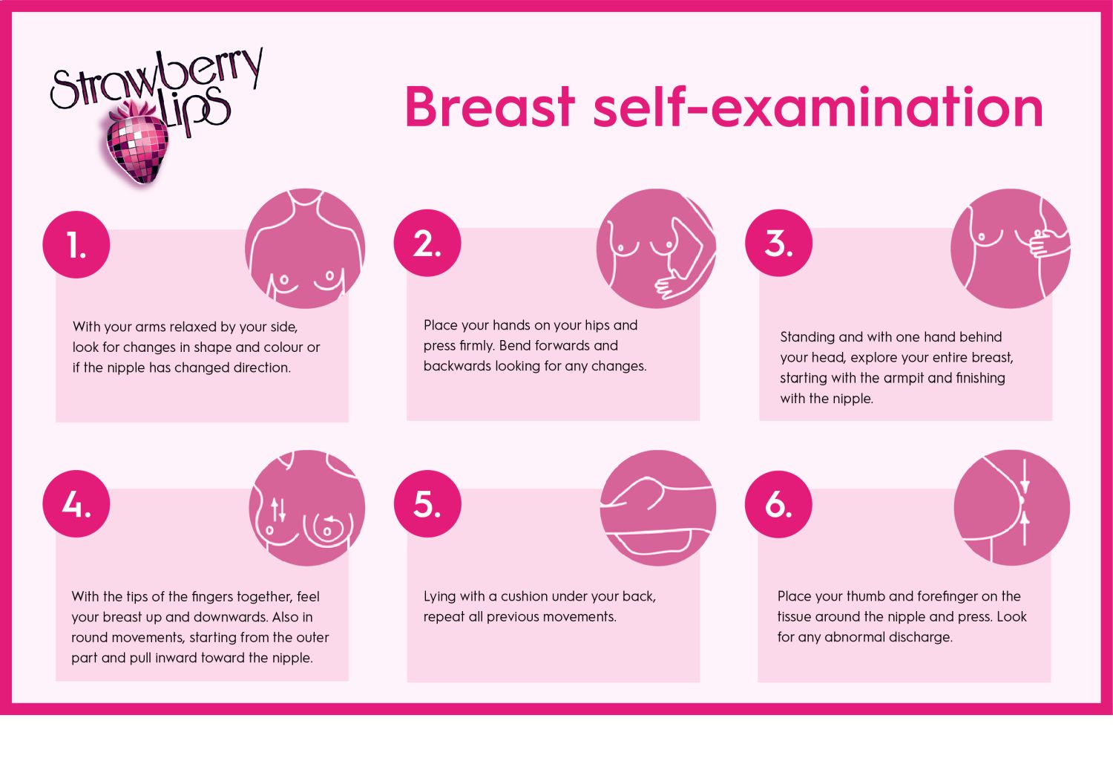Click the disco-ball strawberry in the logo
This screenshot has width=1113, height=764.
137,143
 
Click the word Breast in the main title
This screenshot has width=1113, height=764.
490,107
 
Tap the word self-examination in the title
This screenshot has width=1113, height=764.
818,106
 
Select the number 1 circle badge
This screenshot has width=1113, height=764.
76,244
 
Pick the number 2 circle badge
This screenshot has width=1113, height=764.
427,243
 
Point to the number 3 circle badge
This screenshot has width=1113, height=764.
778,243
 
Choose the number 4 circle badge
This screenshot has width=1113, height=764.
76,503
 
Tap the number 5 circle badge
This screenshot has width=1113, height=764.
427,503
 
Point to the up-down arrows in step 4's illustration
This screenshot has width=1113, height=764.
278,510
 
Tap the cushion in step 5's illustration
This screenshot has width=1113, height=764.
654,542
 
